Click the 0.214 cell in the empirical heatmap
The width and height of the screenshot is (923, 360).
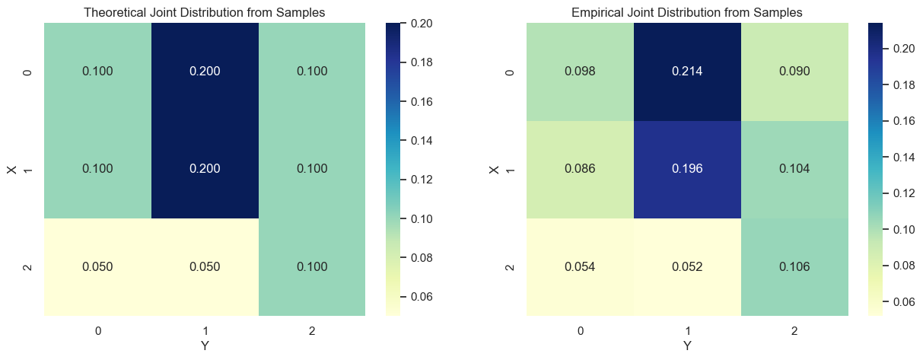686,72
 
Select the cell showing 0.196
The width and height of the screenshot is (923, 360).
686,169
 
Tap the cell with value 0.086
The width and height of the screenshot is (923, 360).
580,169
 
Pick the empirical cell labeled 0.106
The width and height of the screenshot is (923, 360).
794,266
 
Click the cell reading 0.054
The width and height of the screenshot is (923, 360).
580,266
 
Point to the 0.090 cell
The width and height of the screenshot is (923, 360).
794,72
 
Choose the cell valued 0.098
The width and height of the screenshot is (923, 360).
580,72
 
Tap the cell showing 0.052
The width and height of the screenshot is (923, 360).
686,266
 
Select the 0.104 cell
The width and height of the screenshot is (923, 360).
794,169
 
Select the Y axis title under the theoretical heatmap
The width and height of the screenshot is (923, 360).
205,346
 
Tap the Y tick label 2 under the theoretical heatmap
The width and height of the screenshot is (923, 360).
312,331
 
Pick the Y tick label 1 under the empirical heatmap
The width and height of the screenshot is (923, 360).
686,331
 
